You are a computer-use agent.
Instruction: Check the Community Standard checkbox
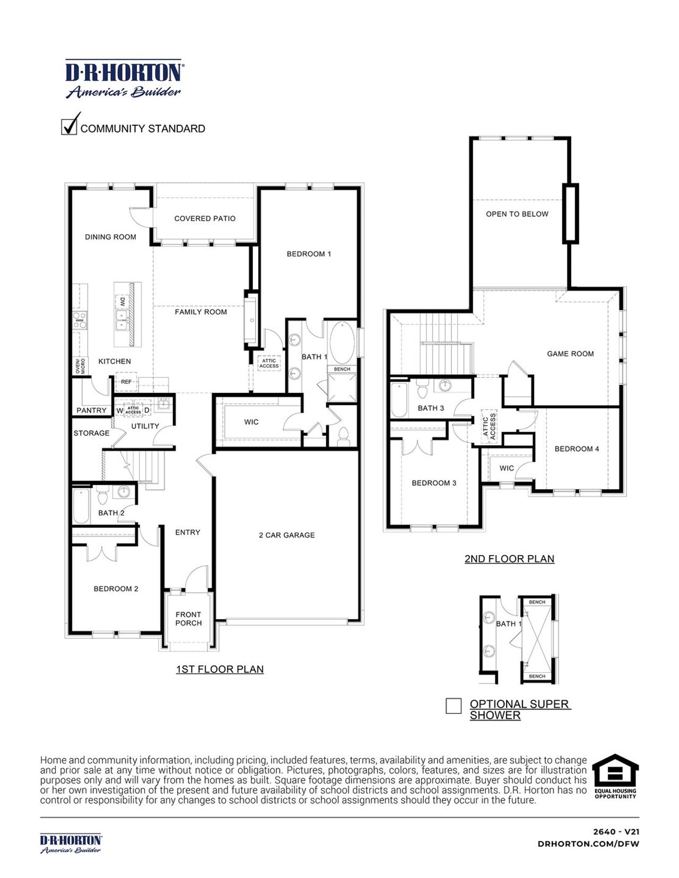(x=69, y=127)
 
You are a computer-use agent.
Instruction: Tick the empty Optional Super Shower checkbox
(x=453, y=706)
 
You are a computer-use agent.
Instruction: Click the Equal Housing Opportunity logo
(x=615, y=776)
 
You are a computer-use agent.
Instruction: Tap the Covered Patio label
(x=205, y=218)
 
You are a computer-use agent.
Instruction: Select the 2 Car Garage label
(x=286, y=535)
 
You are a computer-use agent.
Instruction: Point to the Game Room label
(x=570, y=354)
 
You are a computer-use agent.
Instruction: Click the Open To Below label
(x=517, y=214)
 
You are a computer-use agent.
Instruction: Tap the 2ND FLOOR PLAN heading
(x=509, y=559)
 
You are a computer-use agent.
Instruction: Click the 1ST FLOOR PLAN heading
(x=220, y=669)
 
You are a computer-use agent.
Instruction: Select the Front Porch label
(x=188, y=619)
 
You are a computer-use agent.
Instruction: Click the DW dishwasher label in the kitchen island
(x=122, y=302)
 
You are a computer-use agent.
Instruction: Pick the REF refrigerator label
(x=126, y=382)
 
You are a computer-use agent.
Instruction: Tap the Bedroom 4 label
(x=577, y=449)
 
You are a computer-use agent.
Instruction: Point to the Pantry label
(x=91, y=410)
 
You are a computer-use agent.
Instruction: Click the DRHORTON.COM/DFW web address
(x=588, y=844)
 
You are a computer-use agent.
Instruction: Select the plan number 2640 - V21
(x=616, y=832)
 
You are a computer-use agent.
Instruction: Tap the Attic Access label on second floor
(x=489, y=425)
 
